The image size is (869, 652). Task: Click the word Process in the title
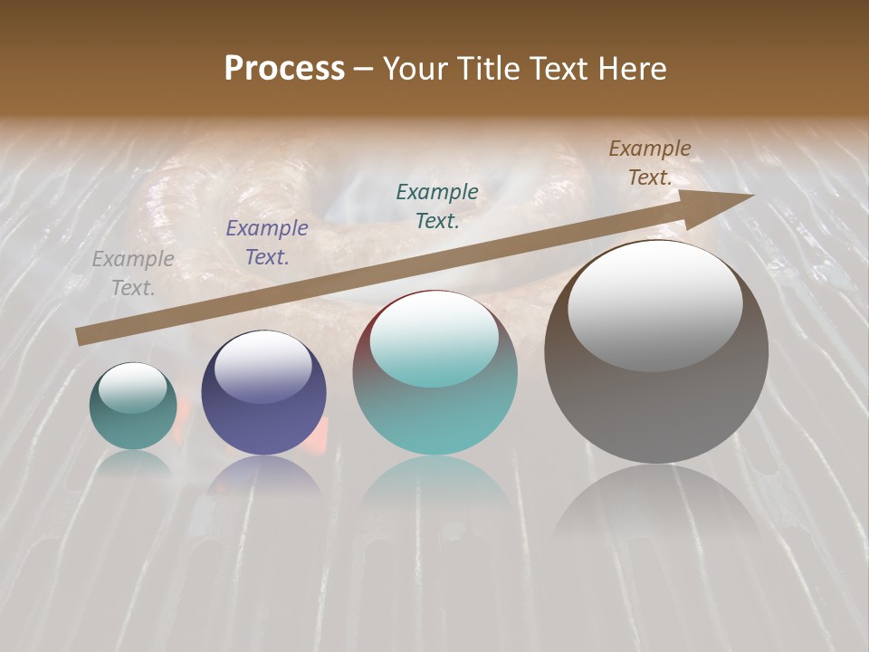point(284,69)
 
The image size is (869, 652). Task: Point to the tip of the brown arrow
point(750,196)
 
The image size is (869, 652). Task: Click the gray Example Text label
point(133,273)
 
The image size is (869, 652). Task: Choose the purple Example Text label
point(267,243)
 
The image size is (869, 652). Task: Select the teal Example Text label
point(437,206)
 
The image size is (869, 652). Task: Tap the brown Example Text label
point(650,163)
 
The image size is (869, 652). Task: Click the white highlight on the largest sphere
point(654,305)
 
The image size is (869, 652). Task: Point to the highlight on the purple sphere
point(263,367)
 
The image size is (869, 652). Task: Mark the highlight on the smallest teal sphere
point(132,388)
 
